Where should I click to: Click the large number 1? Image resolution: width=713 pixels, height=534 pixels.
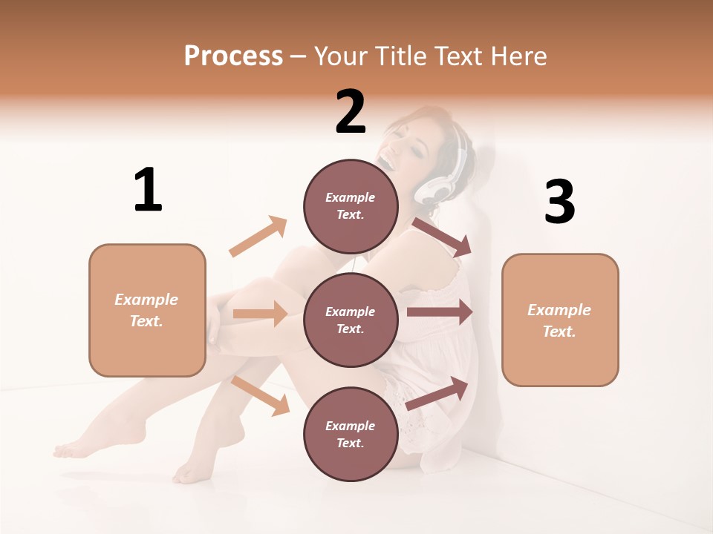148,191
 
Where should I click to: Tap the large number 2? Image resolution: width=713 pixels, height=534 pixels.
351,112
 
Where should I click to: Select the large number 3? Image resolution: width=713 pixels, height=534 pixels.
559,202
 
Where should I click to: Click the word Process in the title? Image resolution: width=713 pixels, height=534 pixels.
233,56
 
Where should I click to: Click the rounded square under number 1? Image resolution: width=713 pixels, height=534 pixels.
147,310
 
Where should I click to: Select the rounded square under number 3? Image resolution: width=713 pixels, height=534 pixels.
560,320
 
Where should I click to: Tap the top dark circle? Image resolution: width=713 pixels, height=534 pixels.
351,206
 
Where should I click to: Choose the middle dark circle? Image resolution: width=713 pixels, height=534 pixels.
351,320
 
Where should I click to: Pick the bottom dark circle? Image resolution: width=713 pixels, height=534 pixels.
351,434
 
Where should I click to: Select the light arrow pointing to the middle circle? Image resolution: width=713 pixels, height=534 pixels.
260,314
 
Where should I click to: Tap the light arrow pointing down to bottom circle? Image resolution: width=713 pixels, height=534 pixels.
261,395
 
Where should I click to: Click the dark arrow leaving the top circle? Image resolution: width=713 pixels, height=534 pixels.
443,237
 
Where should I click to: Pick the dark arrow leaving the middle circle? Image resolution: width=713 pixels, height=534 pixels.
440,312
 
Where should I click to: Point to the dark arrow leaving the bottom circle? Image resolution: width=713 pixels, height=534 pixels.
437,393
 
